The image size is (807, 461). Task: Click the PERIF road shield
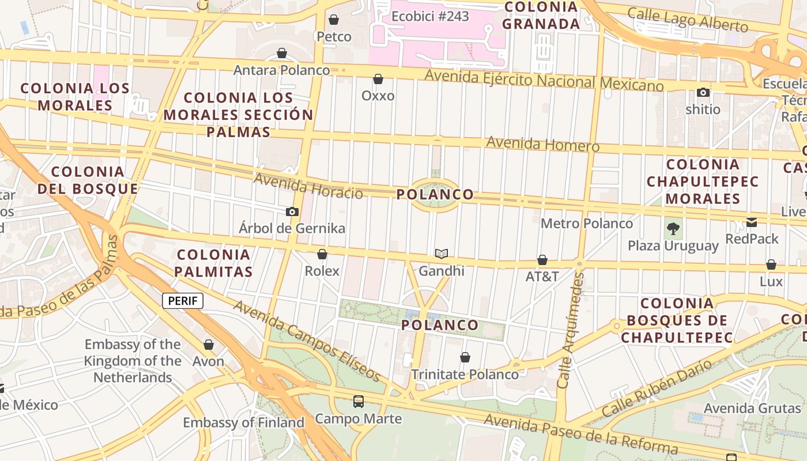(x=183, y=300)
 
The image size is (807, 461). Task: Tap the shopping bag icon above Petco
(x=333, y=20)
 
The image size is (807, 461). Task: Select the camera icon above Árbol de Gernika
(x=292, y=211)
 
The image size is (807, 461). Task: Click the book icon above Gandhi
(x=442, y=254)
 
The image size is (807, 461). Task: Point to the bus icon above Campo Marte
(x=359, y=401)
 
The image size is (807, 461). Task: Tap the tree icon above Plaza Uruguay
(x=673, y=229)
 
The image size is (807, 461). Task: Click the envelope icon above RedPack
(x=752, y=222)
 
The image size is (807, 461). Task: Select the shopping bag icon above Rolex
(x=322, y=254)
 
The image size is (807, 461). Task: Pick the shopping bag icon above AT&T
(x=542, y=260)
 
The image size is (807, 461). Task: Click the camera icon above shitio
(x=703, y=92)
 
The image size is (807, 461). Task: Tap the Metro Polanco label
(x=586, y=223)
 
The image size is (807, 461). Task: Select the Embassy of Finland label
(x=243, y=422)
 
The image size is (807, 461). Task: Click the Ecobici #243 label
(x=430, y=16)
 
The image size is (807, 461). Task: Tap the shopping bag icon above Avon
(x=209, y=345)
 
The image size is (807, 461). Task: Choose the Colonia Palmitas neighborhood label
(x=214, y=263)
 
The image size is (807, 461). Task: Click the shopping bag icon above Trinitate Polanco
(x=465, y=357)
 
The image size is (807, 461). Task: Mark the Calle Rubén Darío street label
(x=657, y=388)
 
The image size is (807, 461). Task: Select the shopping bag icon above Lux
(x=771, y=264)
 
